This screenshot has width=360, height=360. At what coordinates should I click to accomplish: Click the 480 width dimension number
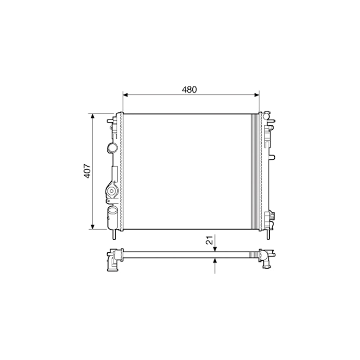(189, 90)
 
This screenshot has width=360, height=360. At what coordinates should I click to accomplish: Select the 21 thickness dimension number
(209, 240)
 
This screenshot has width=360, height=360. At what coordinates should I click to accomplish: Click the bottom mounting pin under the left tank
(114, 234)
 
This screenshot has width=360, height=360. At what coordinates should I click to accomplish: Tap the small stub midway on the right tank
(273, 157)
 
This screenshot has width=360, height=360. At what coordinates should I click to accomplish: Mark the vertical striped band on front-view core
(255, 171)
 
